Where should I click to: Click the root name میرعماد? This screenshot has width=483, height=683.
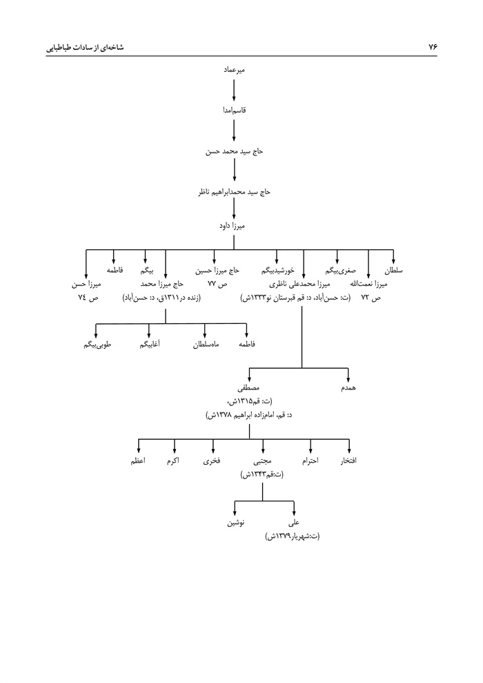(x=235, y=70)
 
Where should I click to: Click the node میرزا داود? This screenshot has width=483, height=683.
(x=235, y=226)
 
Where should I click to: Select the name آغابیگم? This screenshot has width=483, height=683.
(x=148, y=344)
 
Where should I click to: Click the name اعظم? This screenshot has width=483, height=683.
(x=138, y=461)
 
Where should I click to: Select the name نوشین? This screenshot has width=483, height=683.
(x=235, y=523)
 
